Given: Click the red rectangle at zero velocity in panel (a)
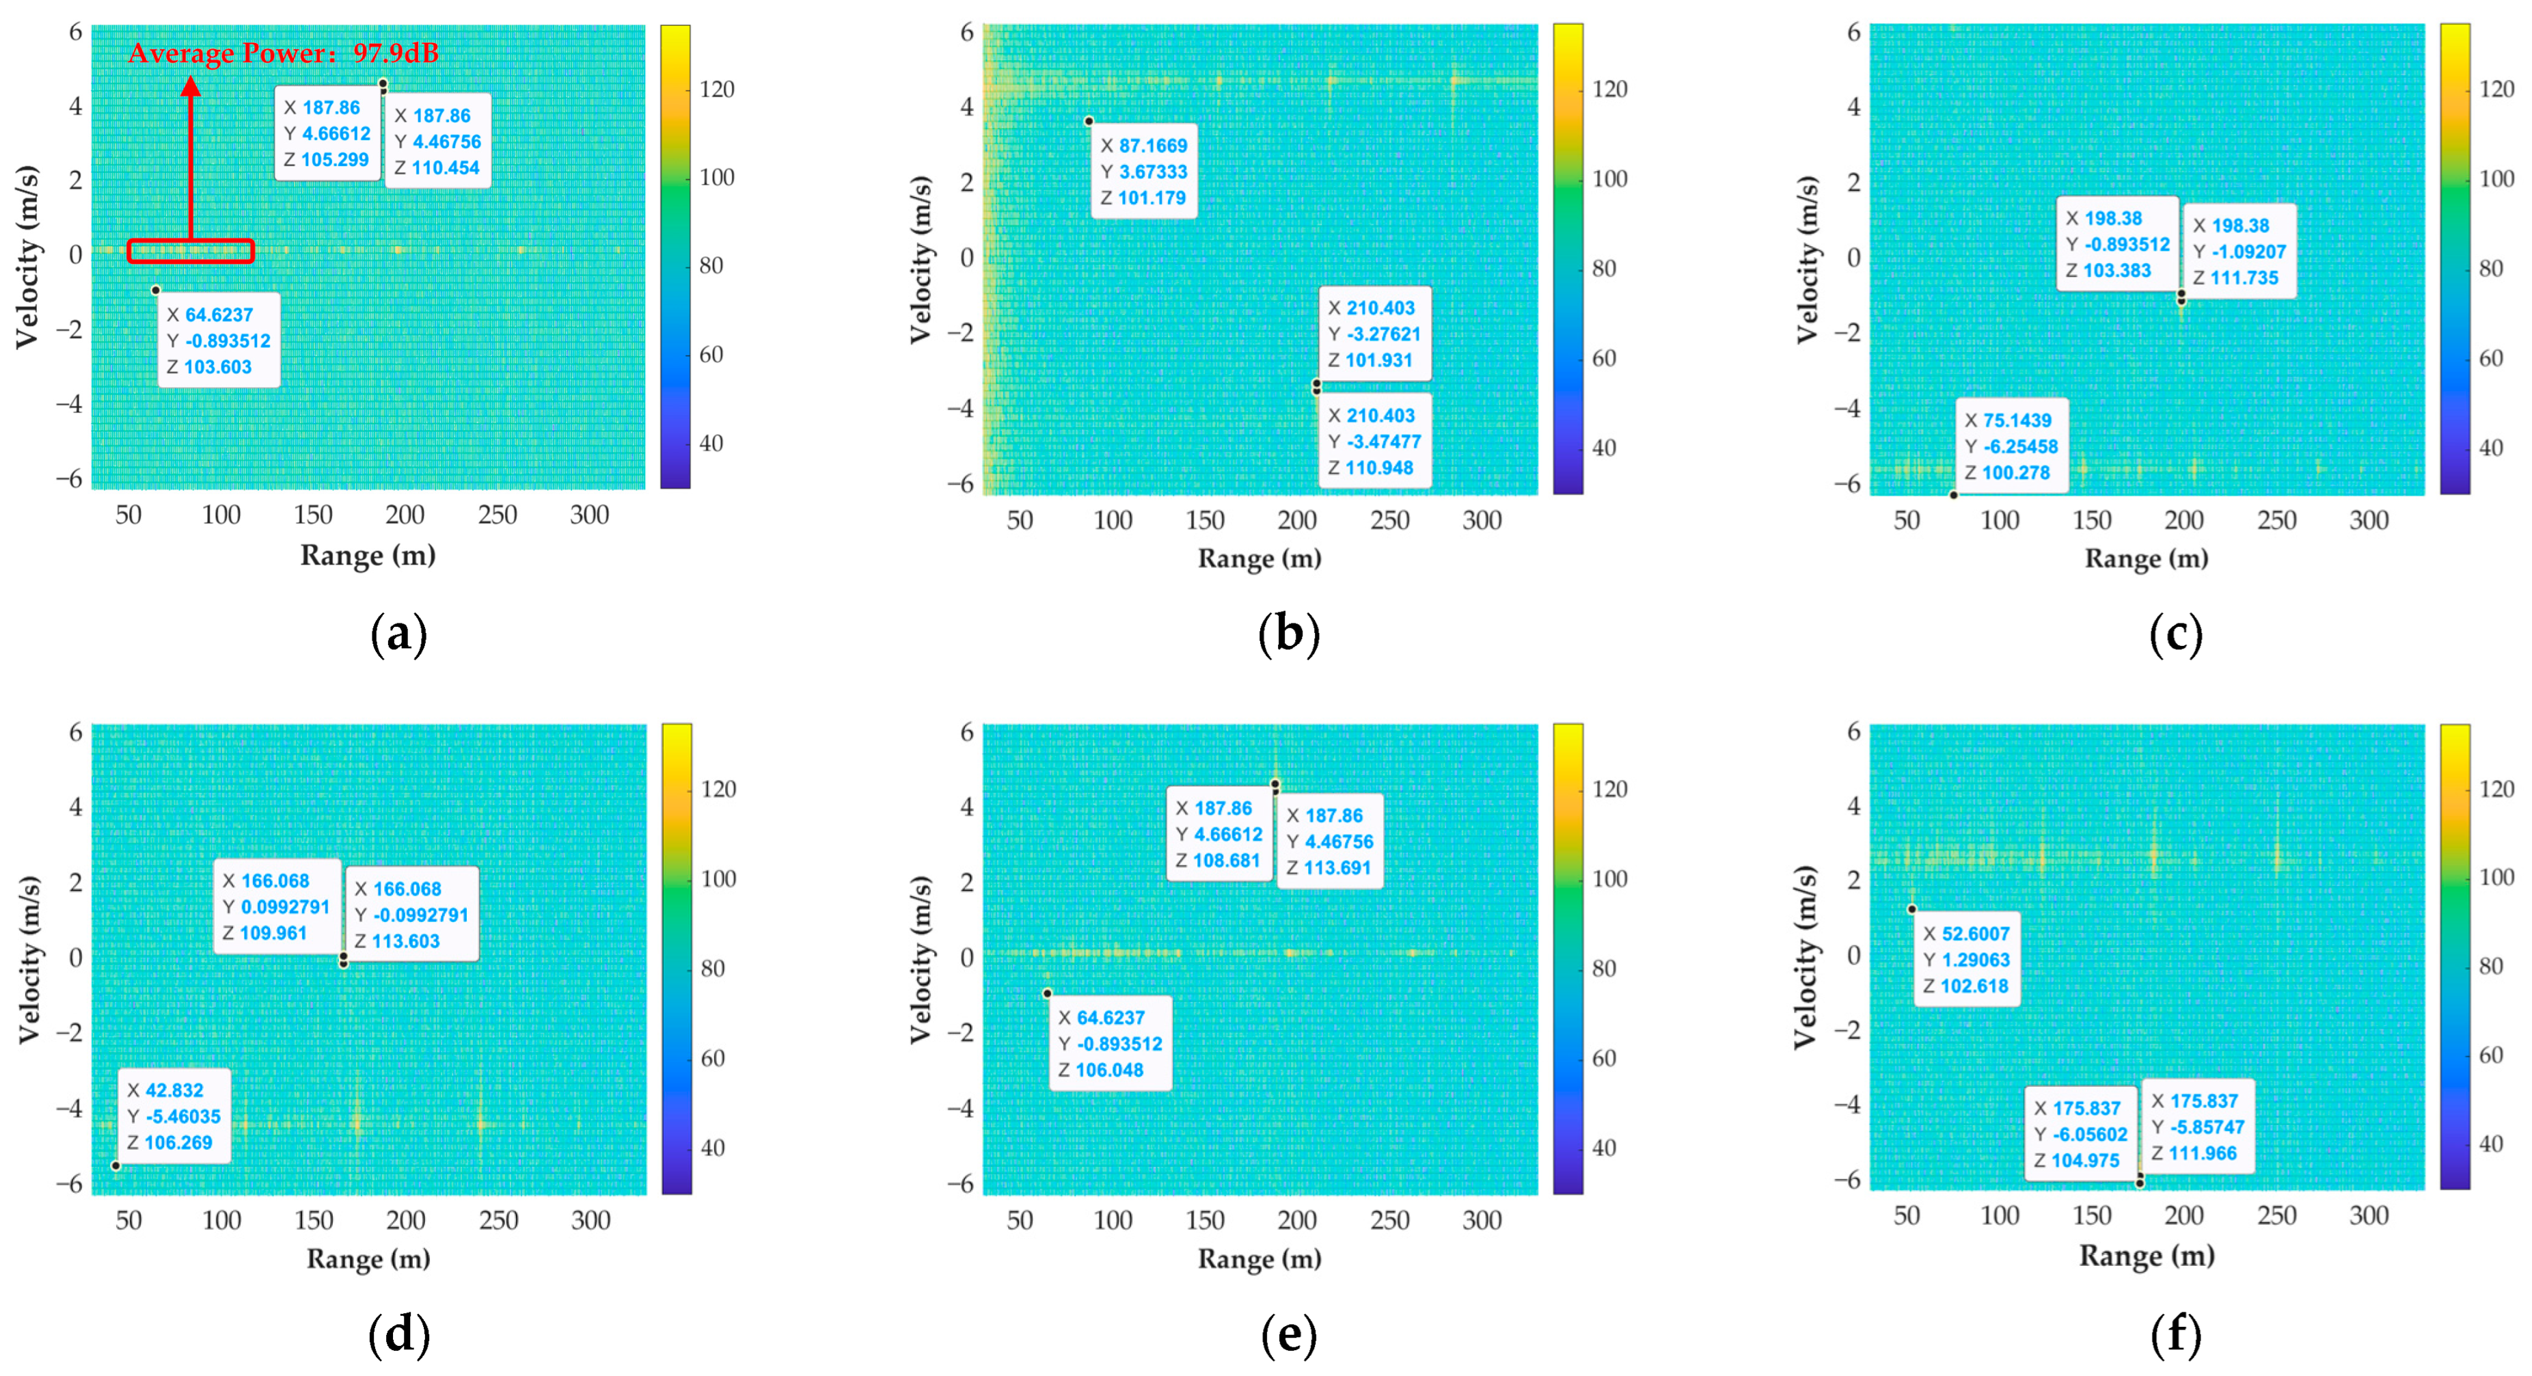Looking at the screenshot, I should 191,252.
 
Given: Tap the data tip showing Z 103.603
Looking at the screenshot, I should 218,340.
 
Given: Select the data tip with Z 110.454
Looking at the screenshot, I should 437,141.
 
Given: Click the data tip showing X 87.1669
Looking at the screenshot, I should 1144,171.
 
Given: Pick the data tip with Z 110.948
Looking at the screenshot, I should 1374,442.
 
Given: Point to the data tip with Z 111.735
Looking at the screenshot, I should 2239,252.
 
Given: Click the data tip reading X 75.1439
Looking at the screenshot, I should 2011,446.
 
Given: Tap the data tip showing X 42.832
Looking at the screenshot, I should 175,1116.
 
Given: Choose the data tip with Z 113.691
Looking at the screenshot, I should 1330,841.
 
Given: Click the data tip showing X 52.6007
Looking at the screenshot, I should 1967,959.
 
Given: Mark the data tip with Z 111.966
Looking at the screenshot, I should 2198,1127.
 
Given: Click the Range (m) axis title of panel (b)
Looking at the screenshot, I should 1259,558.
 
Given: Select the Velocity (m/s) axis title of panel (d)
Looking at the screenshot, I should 29,959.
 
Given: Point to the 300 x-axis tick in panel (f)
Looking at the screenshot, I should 2368,1216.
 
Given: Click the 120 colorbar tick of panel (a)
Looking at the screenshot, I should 717,90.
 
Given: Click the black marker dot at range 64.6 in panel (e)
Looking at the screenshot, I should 1047,994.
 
